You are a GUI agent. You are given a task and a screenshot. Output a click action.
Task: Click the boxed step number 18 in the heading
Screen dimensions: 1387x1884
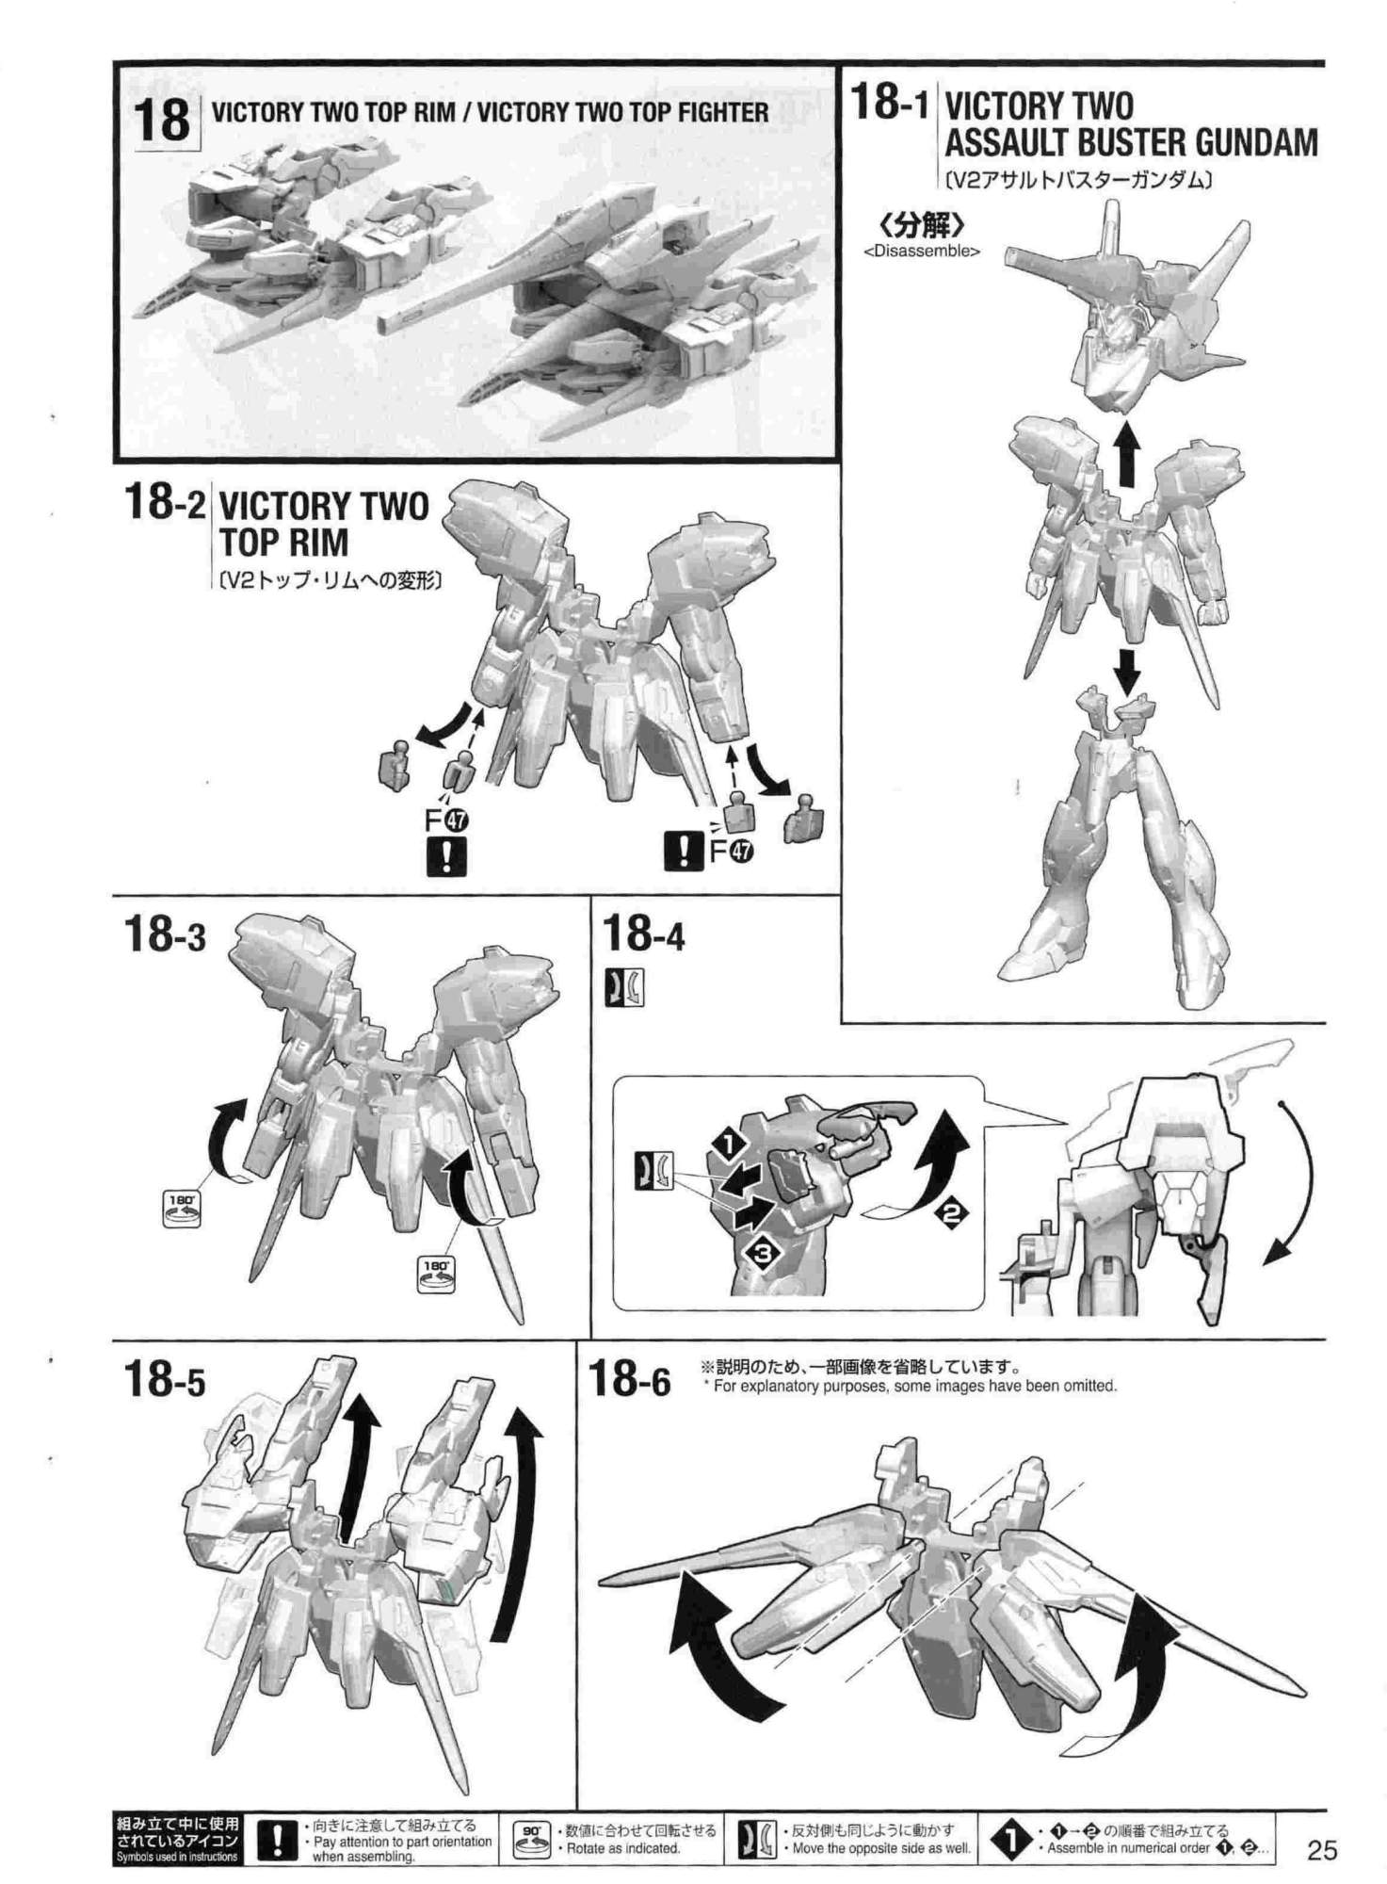pos(162,121)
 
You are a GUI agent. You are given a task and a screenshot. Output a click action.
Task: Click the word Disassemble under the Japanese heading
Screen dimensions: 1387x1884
pos(922,252)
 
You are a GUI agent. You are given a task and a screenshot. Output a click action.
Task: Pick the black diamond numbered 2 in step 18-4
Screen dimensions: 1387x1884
pos(951,1214)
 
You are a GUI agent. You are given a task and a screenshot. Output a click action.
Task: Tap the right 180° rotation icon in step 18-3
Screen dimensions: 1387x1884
pos(434,1274)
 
